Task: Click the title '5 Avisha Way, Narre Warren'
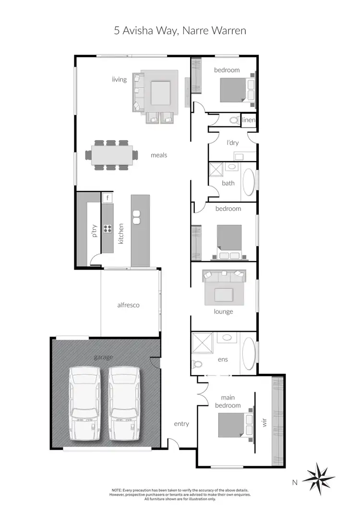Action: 180,31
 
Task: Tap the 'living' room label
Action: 120,79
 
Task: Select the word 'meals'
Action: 159,155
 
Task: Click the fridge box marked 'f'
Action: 108,197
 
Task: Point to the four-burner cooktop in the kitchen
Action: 108,228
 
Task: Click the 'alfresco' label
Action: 128,305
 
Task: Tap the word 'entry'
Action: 181,424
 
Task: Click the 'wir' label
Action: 263,424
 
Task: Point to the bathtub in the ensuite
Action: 248,354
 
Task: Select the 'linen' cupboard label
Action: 249,120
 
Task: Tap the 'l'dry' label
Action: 233,142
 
